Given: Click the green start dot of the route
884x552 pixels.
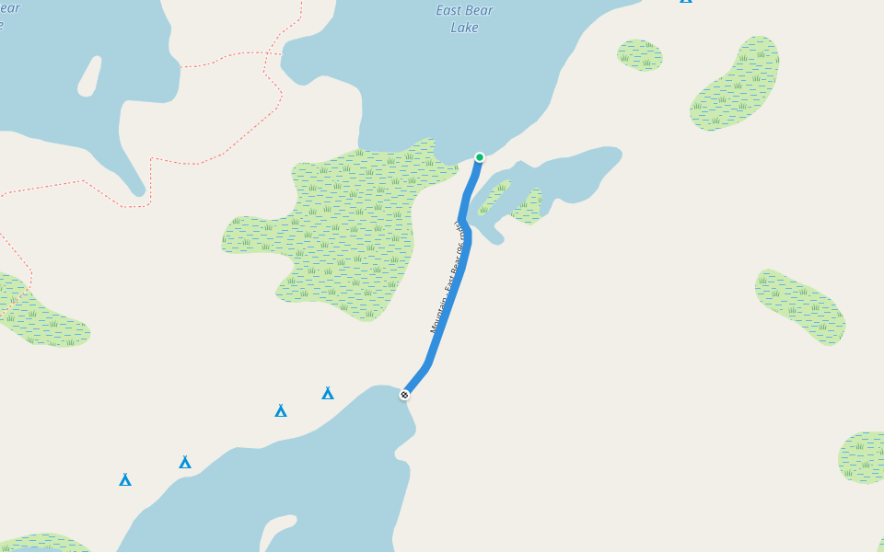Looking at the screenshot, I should tap(479, 157).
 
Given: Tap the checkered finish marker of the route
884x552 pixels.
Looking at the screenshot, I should tap(404, 395).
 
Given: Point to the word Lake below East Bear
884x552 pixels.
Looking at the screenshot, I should tap(464, 28).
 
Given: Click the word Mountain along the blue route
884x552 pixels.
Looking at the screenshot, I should tap(438, 316).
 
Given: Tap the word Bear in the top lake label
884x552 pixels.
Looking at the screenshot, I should tap(480, 11).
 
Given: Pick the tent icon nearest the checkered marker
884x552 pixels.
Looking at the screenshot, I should tap(328, 394).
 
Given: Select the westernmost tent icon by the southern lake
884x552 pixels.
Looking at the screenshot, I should tap(125, 479).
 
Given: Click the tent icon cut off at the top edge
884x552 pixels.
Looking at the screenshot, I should tap(686, 2).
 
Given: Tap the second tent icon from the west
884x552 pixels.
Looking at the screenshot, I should tap(185, 462).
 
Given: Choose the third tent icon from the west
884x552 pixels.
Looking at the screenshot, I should tap(281, 410).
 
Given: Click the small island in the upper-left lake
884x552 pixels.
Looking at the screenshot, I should tap(89, 77).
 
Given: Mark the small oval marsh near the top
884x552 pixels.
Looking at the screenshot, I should tap(640, 54).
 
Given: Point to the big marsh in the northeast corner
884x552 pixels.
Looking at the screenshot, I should tap(737, 86).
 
